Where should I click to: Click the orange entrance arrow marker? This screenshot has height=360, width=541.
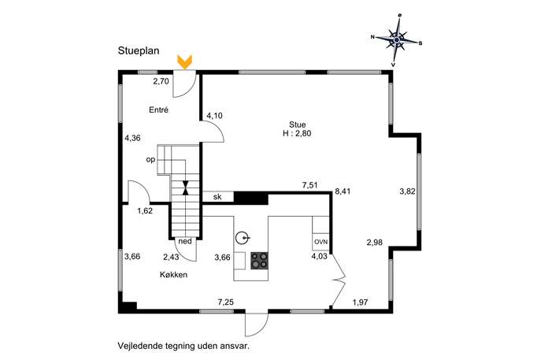pos(184,62)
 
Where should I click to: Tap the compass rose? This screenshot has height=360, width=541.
pos(397,40)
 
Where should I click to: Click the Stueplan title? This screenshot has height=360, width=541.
pos(139,50)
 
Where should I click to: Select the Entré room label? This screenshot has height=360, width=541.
pos(159,109)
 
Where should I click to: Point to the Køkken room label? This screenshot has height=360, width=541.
pos(173,275)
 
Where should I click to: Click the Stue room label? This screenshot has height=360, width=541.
pos(297,124)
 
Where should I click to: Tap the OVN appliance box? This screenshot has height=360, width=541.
pos(321,242)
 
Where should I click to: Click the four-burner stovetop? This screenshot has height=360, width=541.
pos(259,261)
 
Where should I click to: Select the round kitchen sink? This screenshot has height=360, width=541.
pos(243,238)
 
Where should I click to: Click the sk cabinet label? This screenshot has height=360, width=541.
pos(217,197)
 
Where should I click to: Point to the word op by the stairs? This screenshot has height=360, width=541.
pos(150,160)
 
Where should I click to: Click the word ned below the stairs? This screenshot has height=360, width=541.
pos(185,241)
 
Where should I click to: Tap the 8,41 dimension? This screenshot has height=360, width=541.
pos(343,191)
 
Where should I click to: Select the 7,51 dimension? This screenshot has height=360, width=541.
pos(309,185)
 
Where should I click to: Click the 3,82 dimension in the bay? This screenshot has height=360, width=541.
pos(407,191)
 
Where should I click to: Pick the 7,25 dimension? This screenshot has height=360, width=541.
pos(226,302)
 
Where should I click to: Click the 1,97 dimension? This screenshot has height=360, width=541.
pos(360,302)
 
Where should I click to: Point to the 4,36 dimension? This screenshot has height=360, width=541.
pos(132,138)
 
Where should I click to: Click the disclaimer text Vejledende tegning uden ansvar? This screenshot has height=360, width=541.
pos(183,346)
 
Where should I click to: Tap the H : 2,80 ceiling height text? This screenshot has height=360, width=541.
pos(297,133)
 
